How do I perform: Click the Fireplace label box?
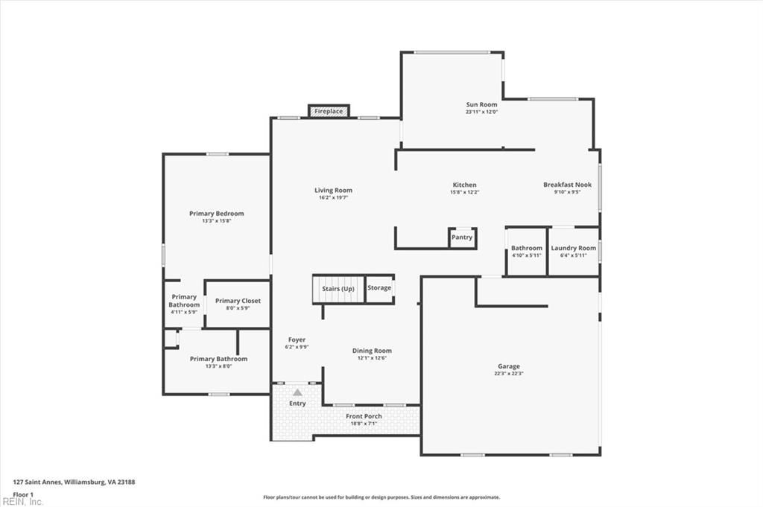(329, 111)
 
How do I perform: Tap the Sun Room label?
(482, 104)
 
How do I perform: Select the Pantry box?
(462, 237)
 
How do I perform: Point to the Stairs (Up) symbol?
(338, 289)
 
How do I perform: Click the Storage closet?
(379, 289)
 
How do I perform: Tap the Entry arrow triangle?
(297, 392)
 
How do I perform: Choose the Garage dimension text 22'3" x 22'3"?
(509, 373)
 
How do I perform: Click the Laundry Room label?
(573, 248)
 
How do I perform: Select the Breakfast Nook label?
(567, 185)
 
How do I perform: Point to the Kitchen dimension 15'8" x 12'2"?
(465, 192)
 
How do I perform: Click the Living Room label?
(333, 191)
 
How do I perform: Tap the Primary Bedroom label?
(217, 214)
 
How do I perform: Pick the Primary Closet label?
(238, 301)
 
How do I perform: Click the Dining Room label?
(372, 351)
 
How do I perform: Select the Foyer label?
(297, 339)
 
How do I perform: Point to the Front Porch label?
(364, 416)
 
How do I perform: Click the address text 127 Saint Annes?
(37, 482)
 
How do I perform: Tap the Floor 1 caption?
(23, 495)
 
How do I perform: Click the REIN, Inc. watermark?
(22, 502)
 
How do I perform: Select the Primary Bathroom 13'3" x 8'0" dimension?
(218, 366)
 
